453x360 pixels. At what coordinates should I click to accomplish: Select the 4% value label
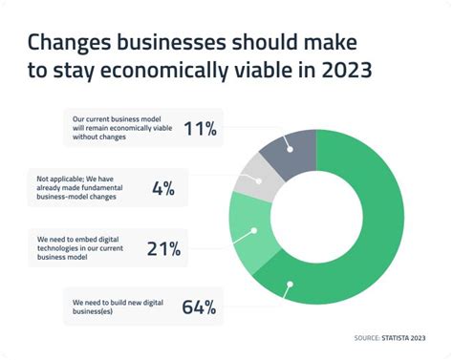(x=163, y=188)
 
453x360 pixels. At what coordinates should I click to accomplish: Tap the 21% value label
(x=163, y=248)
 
